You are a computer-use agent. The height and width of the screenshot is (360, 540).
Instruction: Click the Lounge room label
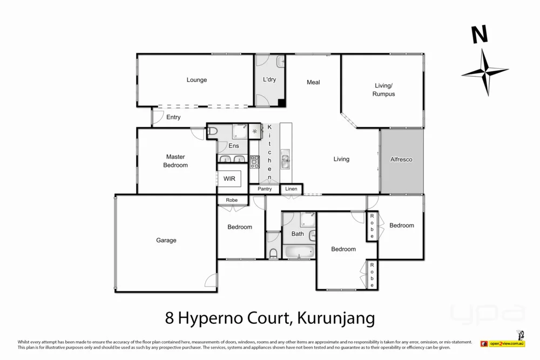click(x=197, y=80)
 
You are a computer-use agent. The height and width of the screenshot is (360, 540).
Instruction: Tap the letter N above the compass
click(x=480, y=35)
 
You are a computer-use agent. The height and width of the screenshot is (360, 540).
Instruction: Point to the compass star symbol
click(x=485, y=72)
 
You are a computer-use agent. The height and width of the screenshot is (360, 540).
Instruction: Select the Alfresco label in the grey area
click(x=401, y=160)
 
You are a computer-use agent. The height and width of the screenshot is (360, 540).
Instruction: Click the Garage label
click(x=166, y=240)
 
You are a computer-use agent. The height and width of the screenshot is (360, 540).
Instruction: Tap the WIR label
click(x=229, y=179)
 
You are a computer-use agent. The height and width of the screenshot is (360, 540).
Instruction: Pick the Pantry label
click(x=265, y=189)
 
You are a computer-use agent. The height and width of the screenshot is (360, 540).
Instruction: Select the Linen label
click(x=291, y=189)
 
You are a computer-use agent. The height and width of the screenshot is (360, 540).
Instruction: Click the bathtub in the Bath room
click(x=298, y=252)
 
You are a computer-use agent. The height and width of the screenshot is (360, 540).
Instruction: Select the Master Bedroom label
click(x=175, y=161)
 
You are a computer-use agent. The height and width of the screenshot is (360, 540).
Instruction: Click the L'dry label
click(x=269, y=80)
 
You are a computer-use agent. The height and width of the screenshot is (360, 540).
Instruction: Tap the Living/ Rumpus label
click(x=383, y=90)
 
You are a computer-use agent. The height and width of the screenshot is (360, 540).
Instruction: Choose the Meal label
click(x=313, y=82)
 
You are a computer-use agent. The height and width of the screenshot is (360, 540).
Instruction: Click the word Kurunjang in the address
click(x=333, y=318)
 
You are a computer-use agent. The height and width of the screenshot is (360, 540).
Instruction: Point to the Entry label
click(x=173, y=117)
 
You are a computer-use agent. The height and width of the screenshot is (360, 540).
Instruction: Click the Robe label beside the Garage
click(x=232, y=200)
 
